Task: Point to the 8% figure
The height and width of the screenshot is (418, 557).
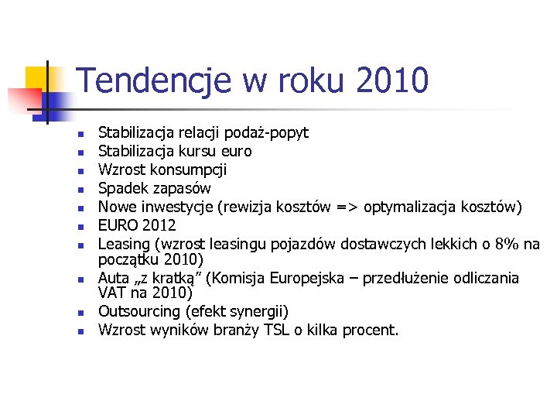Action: (x=507, y=244)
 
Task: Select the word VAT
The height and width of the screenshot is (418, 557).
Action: (x=113, y=293)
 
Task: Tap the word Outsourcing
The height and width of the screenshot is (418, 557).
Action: (x=138, y=312)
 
